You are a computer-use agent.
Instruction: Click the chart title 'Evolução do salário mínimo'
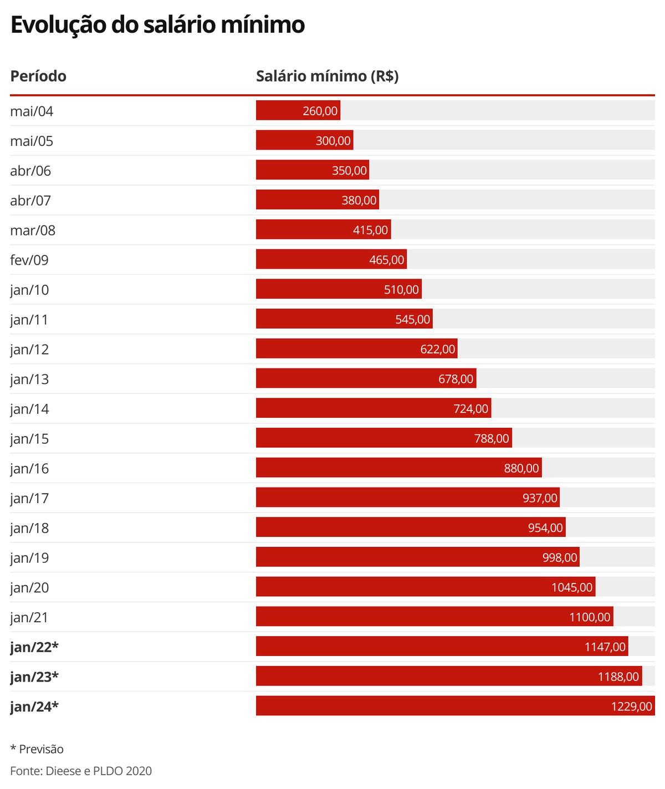click(x=157, y=25)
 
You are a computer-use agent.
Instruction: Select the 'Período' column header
click(x=38, y=76)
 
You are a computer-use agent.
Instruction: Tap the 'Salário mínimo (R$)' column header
click(x=327, y=76)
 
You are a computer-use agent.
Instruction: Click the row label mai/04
click(x=32, y=111)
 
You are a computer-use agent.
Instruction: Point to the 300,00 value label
click(x=333, y=141)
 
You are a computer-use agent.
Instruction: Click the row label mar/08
click(x=33, y=230)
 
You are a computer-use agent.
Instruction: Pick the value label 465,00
click(x=387, y=260)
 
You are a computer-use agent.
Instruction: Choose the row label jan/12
click(x=29, y=350)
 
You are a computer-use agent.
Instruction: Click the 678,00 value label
click(x=456, y=379)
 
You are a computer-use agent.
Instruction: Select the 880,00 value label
click(x=521, y=468)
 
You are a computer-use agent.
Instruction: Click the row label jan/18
click(x=29, y=528)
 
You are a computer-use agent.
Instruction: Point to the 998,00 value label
click(x=560, y=557)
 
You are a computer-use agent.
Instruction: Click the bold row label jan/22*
click(x=34, y=647)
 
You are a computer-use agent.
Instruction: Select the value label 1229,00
click(x=632, y=706)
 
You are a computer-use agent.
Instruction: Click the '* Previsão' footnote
click(x=37, y=749)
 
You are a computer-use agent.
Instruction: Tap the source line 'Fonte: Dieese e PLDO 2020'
click(x=81, y=771)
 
